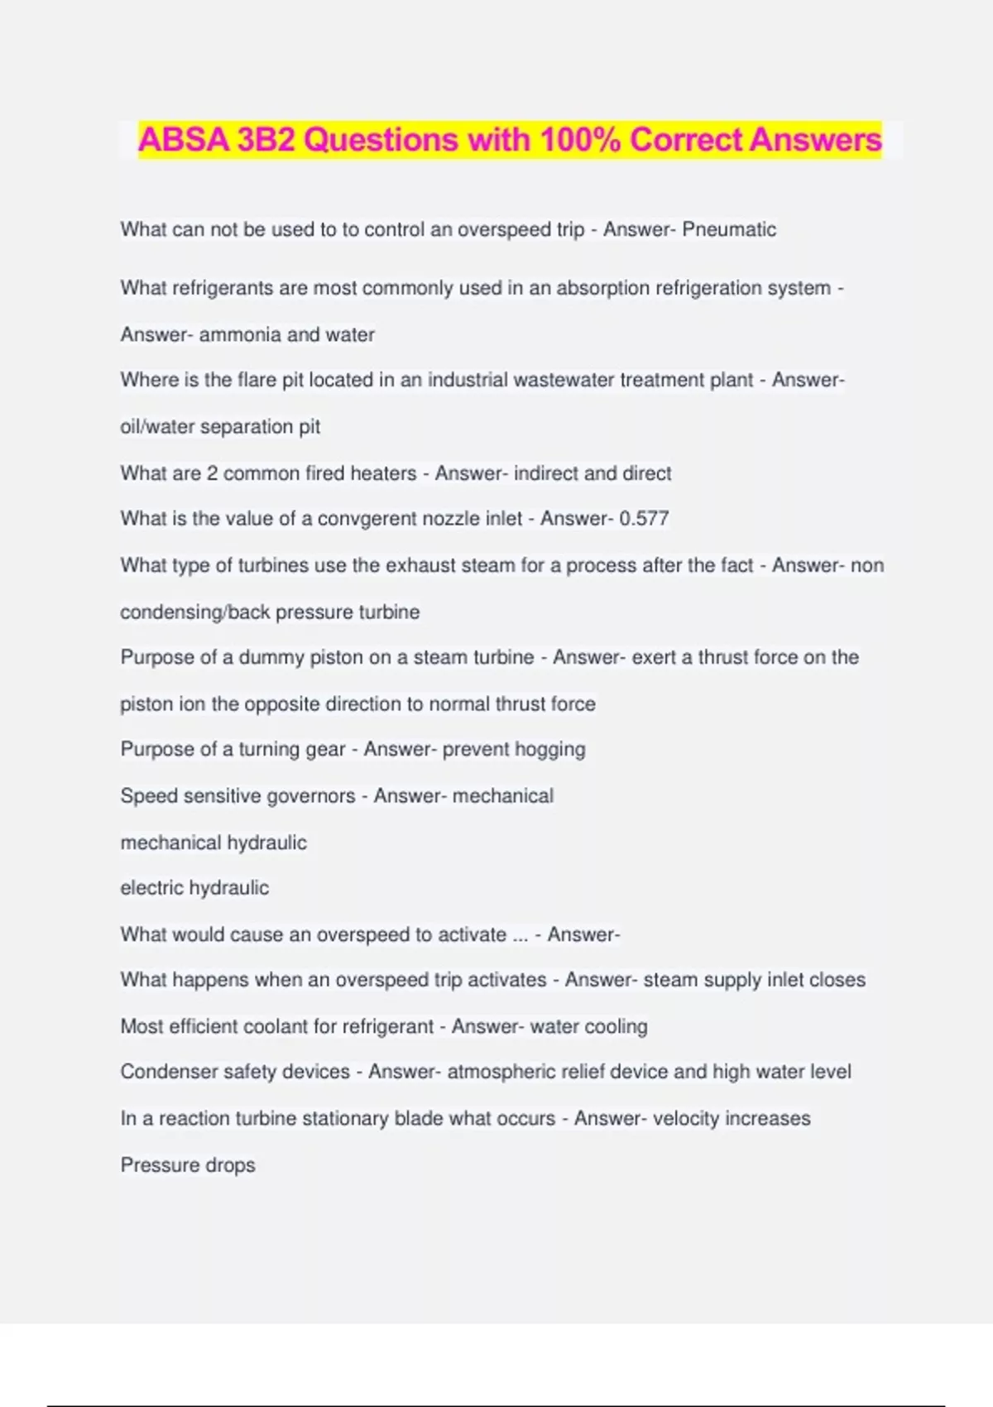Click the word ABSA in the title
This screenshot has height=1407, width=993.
pos(183,140)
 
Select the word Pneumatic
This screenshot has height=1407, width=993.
pos(729,229)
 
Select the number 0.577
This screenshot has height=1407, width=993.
pos(644,519)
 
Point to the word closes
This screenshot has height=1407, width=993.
pos(837,980)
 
